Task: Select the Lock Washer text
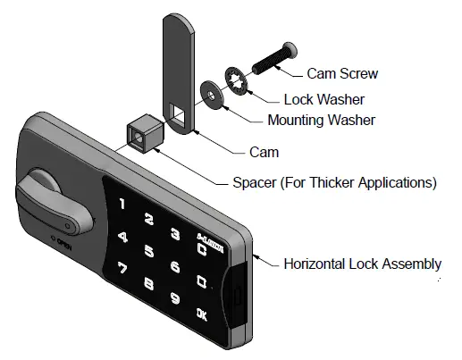click(x=324, y=99)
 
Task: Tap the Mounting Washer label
click(x=322, y=121)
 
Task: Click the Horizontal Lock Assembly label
click(x=362, y=264)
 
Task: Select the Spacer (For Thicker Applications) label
click(x=329, y=183)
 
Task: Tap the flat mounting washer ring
click(x=213, y=93)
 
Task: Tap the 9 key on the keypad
click(x=175, y=299)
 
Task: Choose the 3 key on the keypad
click(x=175, y=234)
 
